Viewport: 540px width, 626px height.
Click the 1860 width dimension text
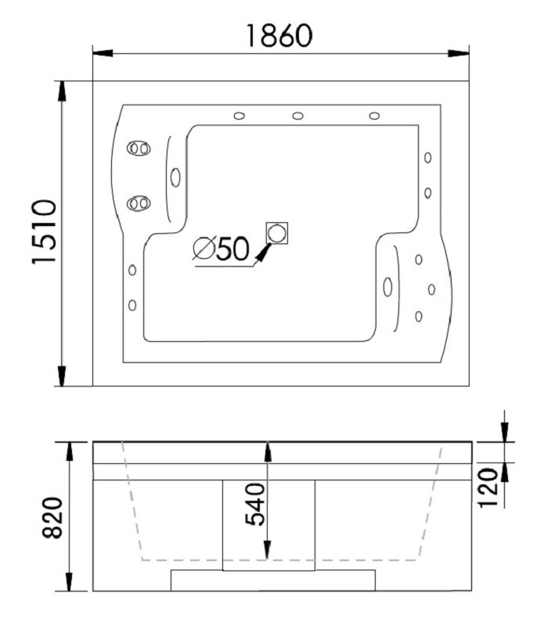coord(279,36)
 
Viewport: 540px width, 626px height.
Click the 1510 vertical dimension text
coord(44,232)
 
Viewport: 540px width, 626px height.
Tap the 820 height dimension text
coord(52,518)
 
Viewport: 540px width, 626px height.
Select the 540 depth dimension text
coord(254,504)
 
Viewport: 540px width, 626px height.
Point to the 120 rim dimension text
coord(488,487)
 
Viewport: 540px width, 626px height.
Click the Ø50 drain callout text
coord(221,248)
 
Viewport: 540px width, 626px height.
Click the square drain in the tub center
coord(277,233)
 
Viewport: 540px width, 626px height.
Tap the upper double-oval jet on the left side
coord(139,149)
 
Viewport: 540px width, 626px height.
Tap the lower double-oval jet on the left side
coord(139,203)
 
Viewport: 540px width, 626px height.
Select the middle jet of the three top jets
coord(298,116)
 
